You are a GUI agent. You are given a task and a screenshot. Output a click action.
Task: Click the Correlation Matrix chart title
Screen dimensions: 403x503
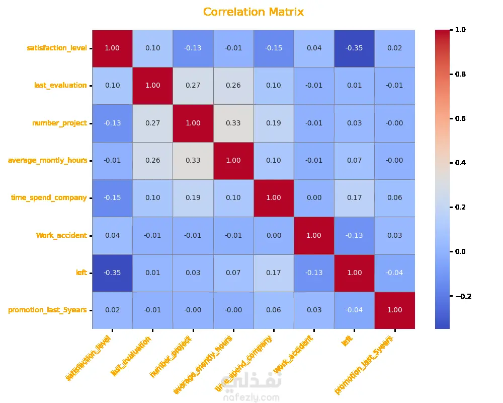click(x=254, y=12)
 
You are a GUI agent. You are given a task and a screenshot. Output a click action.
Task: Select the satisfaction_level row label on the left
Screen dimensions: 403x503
click(x=56, y=48)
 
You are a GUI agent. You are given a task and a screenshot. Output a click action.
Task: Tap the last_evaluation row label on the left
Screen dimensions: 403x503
click(x=60, y=85)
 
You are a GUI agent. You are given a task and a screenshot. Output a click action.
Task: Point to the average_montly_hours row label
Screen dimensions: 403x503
click(x=47, y=160)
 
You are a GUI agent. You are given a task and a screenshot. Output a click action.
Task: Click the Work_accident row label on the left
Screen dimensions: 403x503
click(x=61, y=235)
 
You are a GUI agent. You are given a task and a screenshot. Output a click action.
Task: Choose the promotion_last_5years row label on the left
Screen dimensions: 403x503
click(x=47, y=310)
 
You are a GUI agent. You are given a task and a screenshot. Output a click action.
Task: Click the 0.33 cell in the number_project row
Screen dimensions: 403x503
click(x=233, y=123)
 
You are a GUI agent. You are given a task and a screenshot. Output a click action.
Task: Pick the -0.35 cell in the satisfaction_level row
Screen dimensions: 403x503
click(x=355, y=48)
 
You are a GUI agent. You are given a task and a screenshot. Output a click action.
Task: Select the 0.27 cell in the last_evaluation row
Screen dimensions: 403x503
click(x=193, y=85)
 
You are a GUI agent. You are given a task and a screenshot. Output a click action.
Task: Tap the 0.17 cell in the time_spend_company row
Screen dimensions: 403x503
click(x=355, y=197)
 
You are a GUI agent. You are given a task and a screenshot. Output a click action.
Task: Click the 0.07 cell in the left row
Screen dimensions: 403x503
click(x=233, y=273)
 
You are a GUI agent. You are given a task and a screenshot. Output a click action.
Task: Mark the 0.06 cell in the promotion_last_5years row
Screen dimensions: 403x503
click(x=274, y=310)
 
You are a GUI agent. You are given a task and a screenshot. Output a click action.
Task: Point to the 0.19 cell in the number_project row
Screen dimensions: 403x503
click(x=274, y=123)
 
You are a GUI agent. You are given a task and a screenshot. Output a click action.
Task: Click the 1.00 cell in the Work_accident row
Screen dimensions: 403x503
click(x=314, y=235)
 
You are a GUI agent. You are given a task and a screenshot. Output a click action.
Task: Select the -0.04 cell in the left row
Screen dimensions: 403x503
click(x=395, y=273)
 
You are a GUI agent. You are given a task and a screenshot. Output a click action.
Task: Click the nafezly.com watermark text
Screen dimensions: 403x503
click(x=250, y=398)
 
